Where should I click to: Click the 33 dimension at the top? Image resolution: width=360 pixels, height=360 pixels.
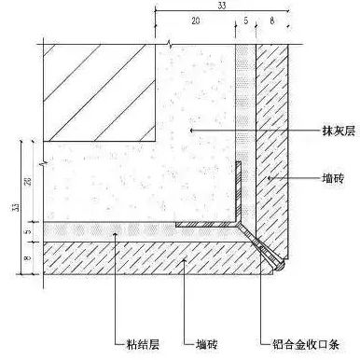click(221, 6)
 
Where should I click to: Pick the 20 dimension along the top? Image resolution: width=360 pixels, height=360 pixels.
click(193, 19)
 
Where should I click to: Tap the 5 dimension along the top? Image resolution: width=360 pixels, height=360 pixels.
click(244, 19)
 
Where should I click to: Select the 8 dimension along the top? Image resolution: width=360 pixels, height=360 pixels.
click(270, 19)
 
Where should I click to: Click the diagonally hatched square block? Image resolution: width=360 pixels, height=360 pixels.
click(99, 92)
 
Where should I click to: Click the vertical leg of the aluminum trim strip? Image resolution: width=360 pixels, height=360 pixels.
click(239, 191)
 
